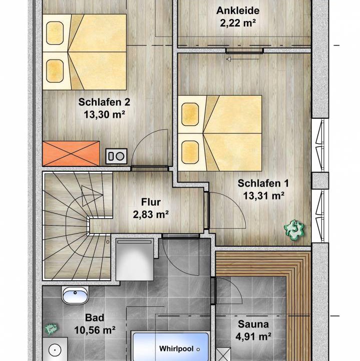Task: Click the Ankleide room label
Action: (238, 11)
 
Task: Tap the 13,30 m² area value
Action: (104, 114)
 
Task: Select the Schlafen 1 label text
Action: (263, 184)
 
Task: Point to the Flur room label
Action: (151, 202)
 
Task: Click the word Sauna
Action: (253, 324)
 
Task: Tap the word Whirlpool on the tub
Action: (176, 349)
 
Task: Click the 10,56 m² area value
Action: (95, 330)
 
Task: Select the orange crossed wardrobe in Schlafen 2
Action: (71, 153)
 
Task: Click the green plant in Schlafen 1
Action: (294, 230)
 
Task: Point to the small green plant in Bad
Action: (51, 329)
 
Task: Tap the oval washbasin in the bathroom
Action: (75, 295)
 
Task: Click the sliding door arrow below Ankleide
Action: (243, 59)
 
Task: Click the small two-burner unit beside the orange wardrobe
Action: (116, 156)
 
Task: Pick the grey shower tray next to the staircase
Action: (135, 260)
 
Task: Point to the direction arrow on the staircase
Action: (92, 196)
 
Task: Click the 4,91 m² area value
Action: (253, 336)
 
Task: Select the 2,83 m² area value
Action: (151, 215)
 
